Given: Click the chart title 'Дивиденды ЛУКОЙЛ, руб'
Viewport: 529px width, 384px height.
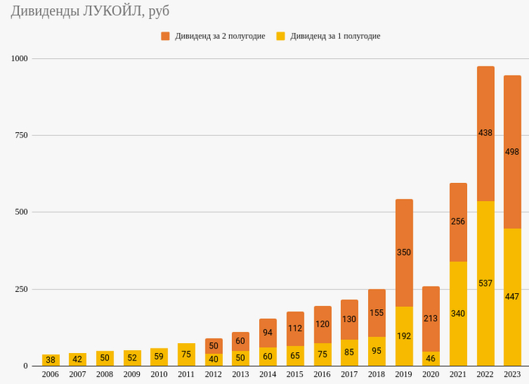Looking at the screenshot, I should (x=90, y=12).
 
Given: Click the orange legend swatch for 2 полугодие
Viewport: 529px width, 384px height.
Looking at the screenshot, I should (x=165, y=36).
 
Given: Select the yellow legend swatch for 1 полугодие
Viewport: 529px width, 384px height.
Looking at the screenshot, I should (x=280, y=36).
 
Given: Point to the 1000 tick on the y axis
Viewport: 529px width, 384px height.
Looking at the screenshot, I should (x=18, y=58).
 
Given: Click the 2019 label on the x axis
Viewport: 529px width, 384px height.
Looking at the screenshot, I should (x=404, y=374).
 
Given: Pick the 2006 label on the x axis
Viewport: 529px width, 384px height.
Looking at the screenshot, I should (x=50, y=374).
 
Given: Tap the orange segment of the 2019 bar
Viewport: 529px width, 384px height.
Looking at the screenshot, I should (x=404, y=227).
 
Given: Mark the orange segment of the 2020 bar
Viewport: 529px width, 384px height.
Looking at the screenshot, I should (x=431, y=302).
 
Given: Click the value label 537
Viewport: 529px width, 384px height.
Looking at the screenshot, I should (x=485, y=283).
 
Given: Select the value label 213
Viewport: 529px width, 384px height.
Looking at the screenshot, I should (x=431, y=319).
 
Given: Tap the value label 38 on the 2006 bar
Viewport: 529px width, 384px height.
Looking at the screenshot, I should (x=50, y=360).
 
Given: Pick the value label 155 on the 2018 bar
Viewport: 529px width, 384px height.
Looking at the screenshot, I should (x=376, y=313).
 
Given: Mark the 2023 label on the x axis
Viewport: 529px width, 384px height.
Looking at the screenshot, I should (x=512, y=374).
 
